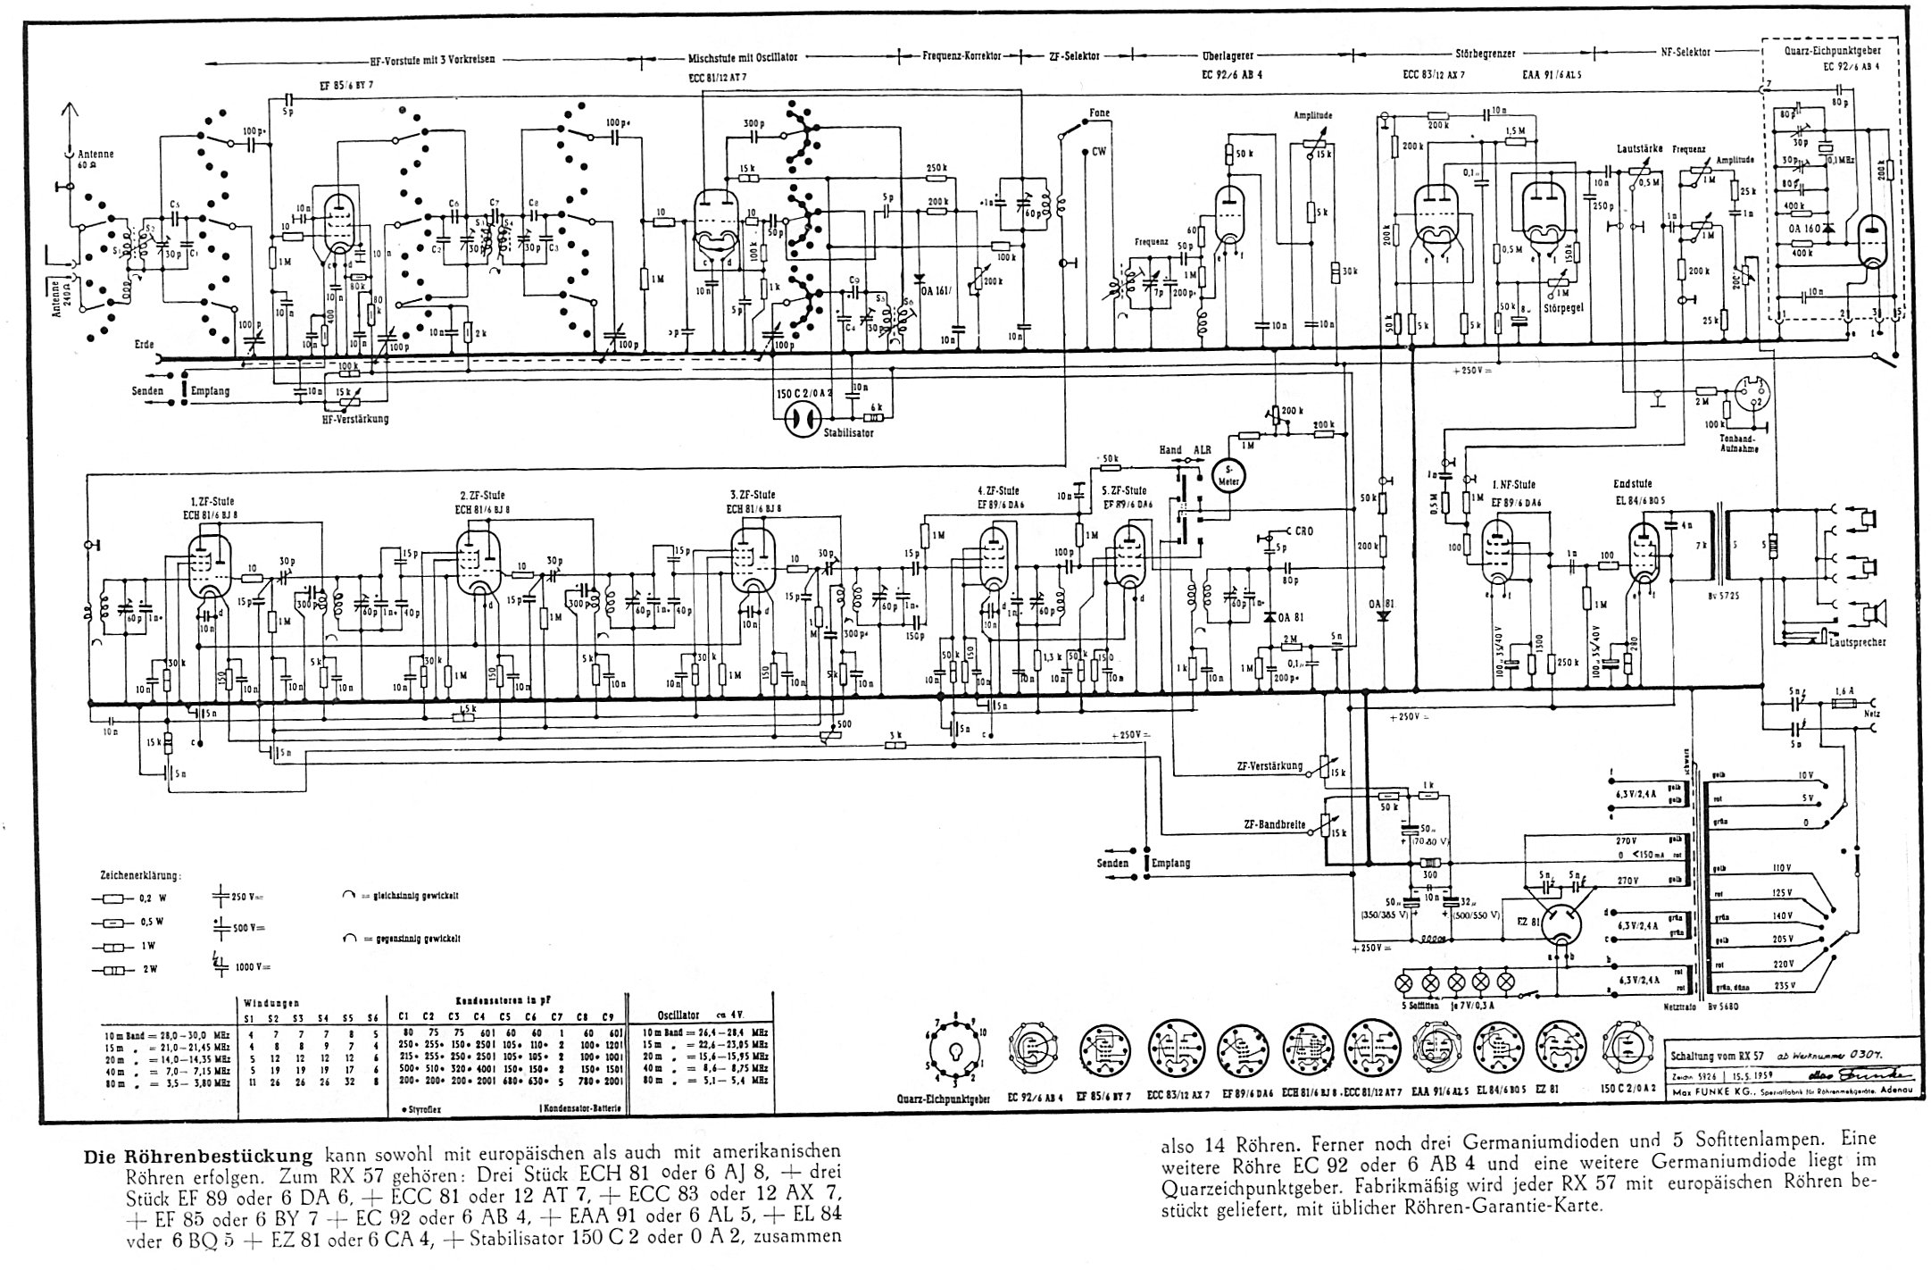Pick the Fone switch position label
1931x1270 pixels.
coord(1099,113)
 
